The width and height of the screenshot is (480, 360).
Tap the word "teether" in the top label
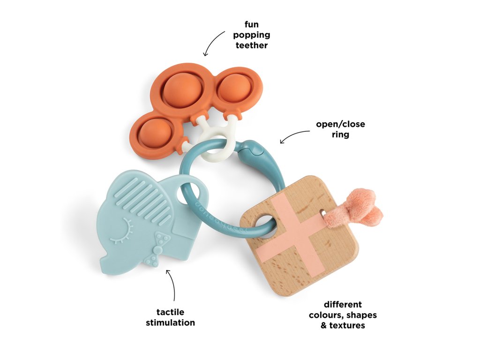252,45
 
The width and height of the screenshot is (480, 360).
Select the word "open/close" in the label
340,125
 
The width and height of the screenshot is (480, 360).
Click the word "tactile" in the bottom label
170,312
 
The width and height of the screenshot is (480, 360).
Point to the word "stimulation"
170,322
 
